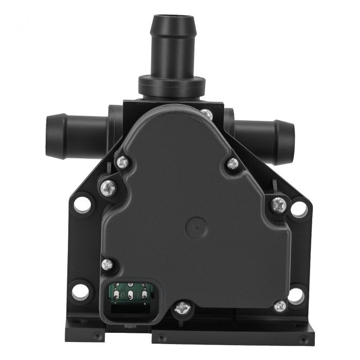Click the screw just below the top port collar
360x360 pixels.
pyautogui.click(x=206, y=114)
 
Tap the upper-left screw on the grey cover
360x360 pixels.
pyautogui.click(x=122, y=162)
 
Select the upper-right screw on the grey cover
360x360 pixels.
pyautogui.click(x=232, y=164)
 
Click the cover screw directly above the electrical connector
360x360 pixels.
pyautogui.click(x=107, y=264)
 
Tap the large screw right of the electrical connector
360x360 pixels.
pyautogui.click(x=183, y=308)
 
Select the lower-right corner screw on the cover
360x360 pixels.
pyautogui.click(x=280, y=305)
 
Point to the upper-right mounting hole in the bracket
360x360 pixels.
pyautogui.click(x=298, y=209)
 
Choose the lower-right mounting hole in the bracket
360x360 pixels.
pyautogui.click(x=295, y=295)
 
